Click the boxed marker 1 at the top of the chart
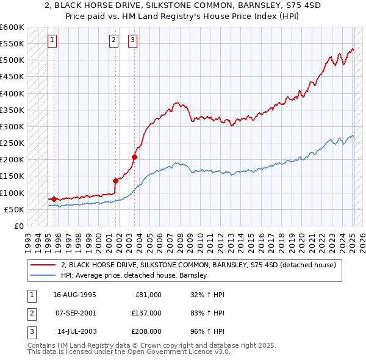click(52, 41)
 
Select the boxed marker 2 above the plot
click(113, 41)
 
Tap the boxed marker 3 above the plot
click(132, 41)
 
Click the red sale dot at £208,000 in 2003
click(135, 157)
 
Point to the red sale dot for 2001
click(116, 180)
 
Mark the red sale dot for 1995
click(54, 199)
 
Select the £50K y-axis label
click(14, 209)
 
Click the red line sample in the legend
click(43, 265)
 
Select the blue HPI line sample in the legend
click(43, 276)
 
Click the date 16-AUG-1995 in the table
click(74, 295)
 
